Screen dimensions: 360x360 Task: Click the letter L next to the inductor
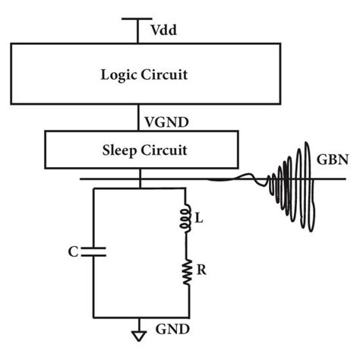[x=200, y=219]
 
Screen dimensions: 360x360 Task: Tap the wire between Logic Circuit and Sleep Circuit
[x=137, y=119]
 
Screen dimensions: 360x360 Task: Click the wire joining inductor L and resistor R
[x=184, y=245]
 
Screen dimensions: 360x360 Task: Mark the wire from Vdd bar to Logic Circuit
[x=137, y=32]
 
